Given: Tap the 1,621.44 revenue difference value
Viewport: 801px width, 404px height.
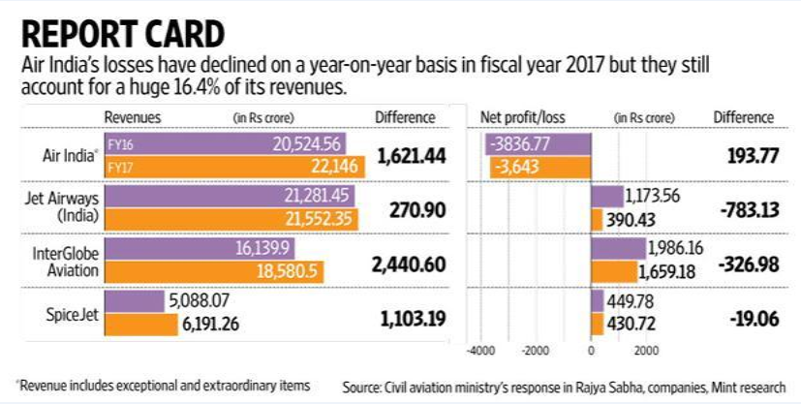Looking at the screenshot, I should [x=406, y=155].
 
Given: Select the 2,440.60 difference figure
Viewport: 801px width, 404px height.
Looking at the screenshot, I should [x=406, y=263].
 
